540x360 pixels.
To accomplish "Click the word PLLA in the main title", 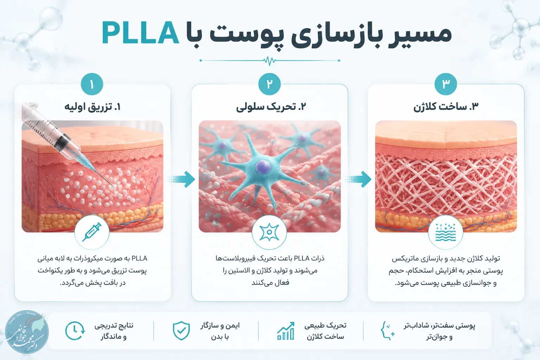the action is click(140, 33).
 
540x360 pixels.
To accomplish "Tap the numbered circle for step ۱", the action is click(92, 84).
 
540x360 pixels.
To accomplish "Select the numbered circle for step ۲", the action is click(269, 84).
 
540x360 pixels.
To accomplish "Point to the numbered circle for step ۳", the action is click(446, 84).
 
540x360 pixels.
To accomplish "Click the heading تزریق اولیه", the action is click(92, 107).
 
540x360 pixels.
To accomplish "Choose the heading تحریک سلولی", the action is click(271, 107).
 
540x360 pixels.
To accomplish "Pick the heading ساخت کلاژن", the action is click(446, 107).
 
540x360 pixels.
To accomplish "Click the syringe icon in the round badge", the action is click(92, 232).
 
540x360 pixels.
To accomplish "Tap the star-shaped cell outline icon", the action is click(269, 232).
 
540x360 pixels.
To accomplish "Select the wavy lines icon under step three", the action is click(445, 232).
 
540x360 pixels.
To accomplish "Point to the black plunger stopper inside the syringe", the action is click(62, 141).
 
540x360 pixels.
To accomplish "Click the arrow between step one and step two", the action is click(181, 179).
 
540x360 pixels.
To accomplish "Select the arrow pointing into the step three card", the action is click(358, 179).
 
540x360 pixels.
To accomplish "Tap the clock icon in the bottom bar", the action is click(75, 331).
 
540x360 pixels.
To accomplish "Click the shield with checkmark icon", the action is click(181, 330).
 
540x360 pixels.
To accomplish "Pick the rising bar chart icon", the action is click(286, 331).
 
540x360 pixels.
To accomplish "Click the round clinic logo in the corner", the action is click(27, 332).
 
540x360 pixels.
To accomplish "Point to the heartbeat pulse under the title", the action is click(270, 60).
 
